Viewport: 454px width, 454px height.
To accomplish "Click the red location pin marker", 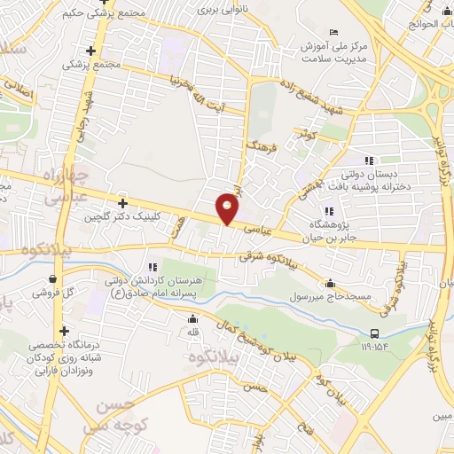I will pos(229,207).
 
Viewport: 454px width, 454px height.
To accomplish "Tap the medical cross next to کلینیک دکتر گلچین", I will pos(121,203).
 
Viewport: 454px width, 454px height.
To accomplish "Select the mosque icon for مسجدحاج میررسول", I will pos(331,284).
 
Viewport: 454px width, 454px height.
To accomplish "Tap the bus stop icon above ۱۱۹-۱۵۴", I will pos(376,333).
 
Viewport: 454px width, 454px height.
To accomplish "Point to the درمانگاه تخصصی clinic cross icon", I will pos(64,331).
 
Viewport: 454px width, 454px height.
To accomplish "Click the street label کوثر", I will pos(307,134).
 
